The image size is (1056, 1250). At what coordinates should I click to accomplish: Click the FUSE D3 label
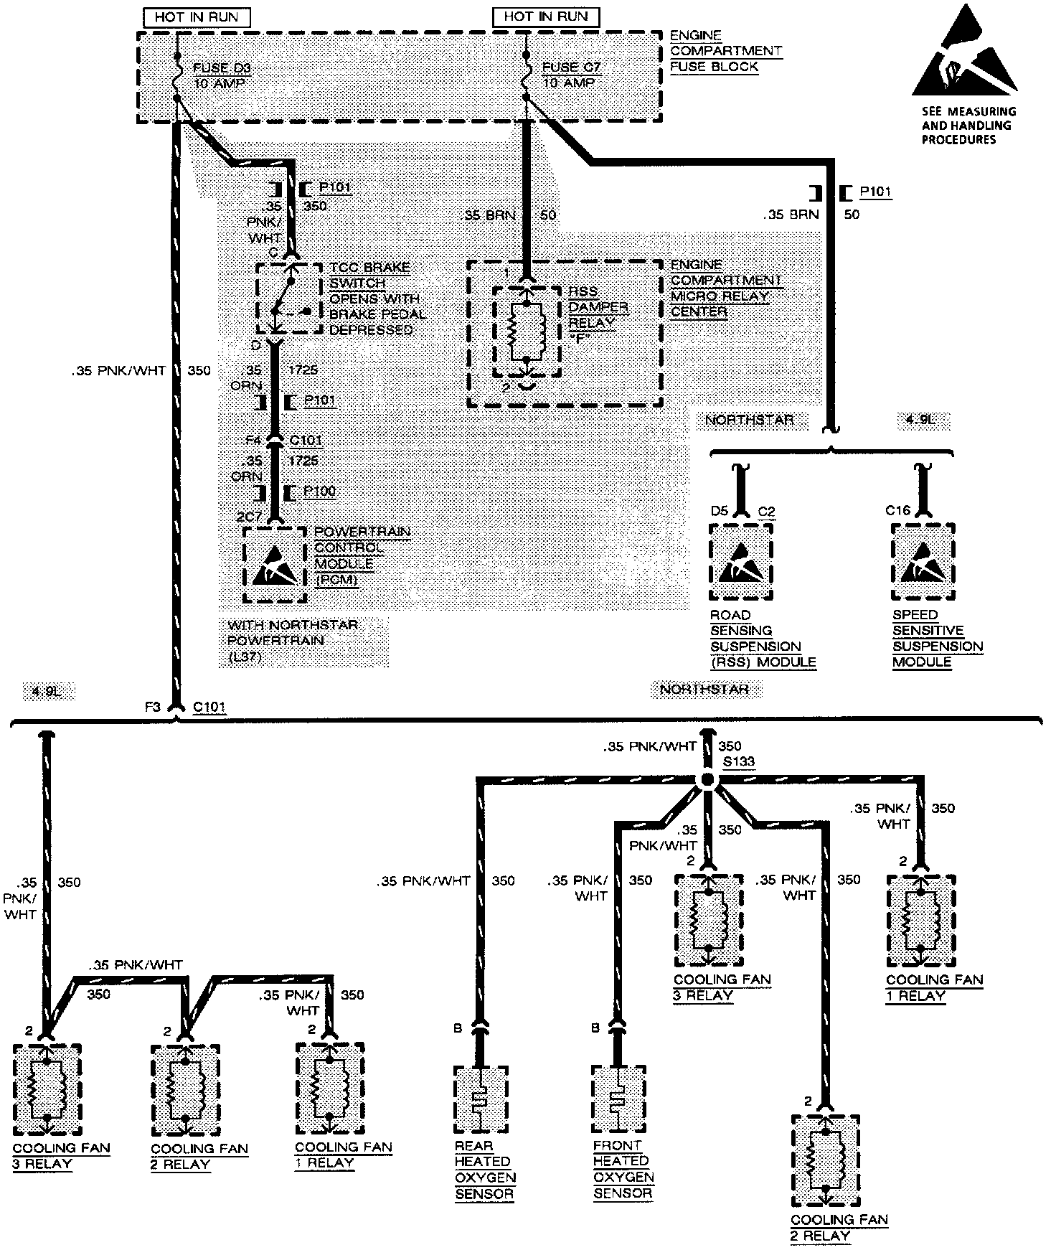point(221,68)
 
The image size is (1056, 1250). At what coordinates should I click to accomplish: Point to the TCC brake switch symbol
point(288,299)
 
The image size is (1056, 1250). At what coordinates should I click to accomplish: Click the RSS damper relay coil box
point(527,331)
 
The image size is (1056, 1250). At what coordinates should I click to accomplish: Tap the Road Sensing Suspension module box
point(741,561)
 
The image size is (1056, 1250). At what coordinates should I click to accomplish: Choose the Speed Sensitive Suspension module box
point(923,561)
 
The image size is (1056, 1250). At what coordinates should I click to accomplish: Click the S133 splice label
point(738,761)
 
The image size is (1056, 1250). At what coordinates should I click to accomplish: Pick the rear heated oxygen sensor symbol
point(481,1099)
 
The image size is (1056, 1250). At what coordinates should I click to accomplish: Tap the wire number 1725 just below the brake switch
point(302,370)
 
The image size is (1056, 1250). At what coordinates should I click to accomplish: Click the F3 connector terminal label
point(152,707)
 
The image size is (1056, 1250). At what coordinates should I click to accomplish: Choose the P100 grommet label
point(319,492)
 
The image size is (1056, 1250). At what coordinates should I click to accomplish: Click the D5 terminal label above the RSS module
point(719,511)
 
